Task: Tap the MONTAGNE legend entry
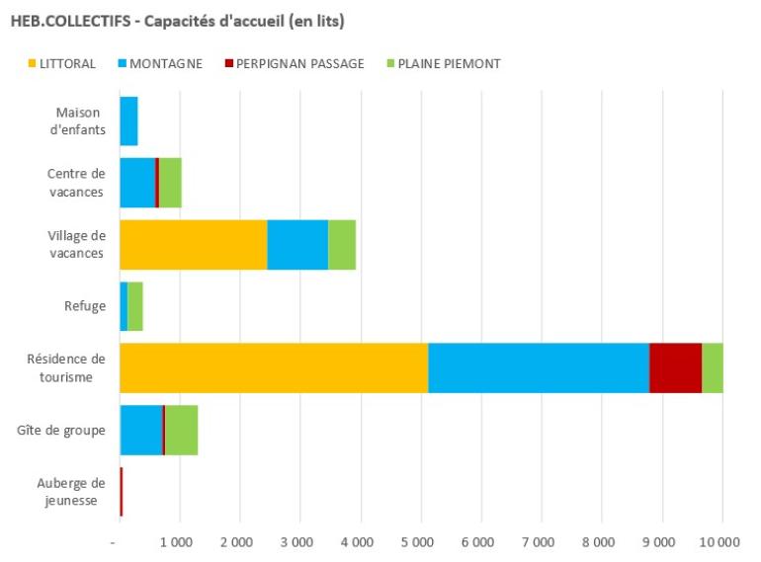point(158,64)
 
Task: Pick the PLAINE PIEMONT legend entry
point(442,64)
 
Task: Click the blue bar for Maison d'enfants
point(128,120)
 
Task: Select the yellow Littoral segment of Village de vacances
point(193,244)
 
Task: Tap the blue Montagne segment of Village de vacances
point(297,244)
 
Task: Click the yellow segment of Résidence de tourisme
point(274,367)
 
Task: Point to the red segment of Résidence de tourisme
point(675,367)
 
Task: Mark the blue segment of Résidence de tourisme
point(539,367)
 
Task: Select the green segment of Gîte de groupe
point(182,430)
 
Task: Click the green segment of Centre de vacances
point(170,183)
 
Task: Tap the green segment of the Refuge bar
point(135,306)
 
